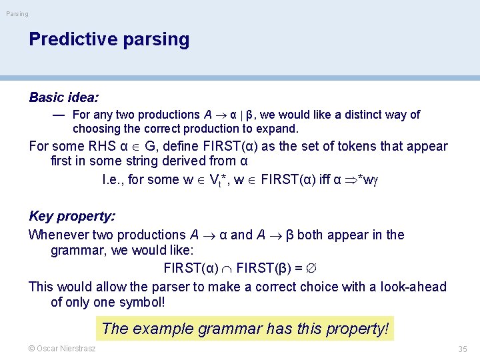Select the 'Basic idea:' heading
point(63,97)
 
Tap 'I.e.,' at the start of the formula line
point(113,179)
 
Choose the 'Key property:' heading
point(72,216)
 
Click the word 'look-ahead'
point(413,287)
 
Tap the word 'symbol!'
point(142,302)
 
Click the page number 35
point(462,349)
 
